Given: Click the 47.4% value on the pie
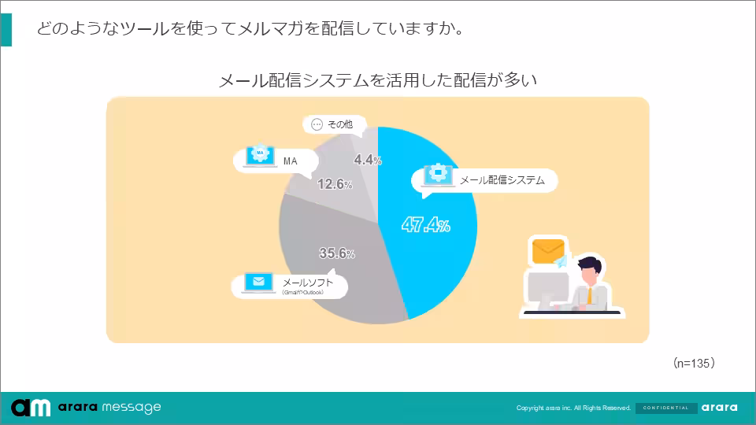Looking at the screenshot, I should (426, 226).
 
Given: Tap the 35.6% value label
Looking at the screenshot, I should (337, 253).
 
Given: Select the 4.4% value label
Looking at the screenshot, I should (368, 160).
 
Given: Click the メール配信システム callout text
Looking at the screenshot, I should (502, 180).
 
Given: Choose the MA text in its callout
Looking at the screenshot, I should (290, 161).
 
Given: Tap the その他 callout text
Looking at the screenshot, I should (339, 124).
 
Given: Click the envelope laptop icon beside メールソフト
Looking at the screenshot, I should (258, 283).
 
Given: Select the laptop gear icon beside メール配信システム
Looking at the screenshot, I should (435, 176).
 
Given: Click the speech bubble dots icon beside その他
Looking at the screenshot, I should (317, 124).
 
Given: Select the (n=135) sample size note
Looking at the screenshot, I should (693, 364).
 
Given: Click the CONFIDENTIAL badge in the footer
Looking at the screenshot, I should (665, 408).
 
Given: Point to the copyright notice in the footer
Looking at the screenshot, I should (573, 408).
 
